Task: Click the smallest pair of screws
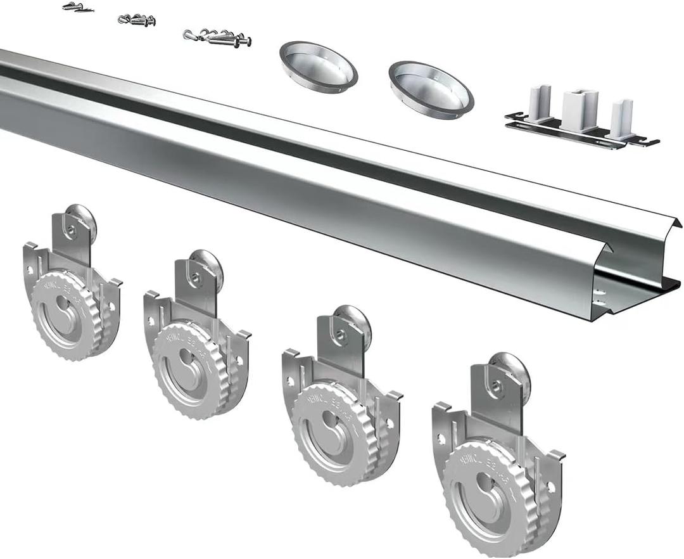[78, 7]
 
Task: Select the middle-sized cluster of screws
[137, 20]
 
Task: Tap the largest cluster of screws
[218, 37]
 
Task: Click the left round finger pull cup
[319, 66]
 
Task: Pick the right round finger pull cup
[431, 88]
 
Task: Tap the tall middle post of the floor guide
[579, 109]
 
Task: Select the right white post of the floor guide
[622, 118]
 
